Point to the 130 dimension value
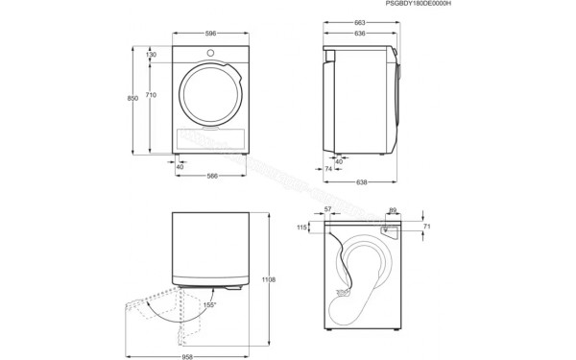point(152,55)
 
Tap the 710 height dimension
point(152,95)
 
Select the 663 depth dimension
point(358,21)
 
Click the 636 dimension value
point(358,35)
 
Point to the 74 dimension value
point(327,169)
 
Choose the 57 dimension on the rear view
point(327,208)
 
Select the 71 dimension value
point(427,227)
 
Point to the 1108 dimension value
point(269,279)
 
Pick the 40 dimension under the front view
point(180,166)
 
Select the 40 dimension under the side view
point(339,161)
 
